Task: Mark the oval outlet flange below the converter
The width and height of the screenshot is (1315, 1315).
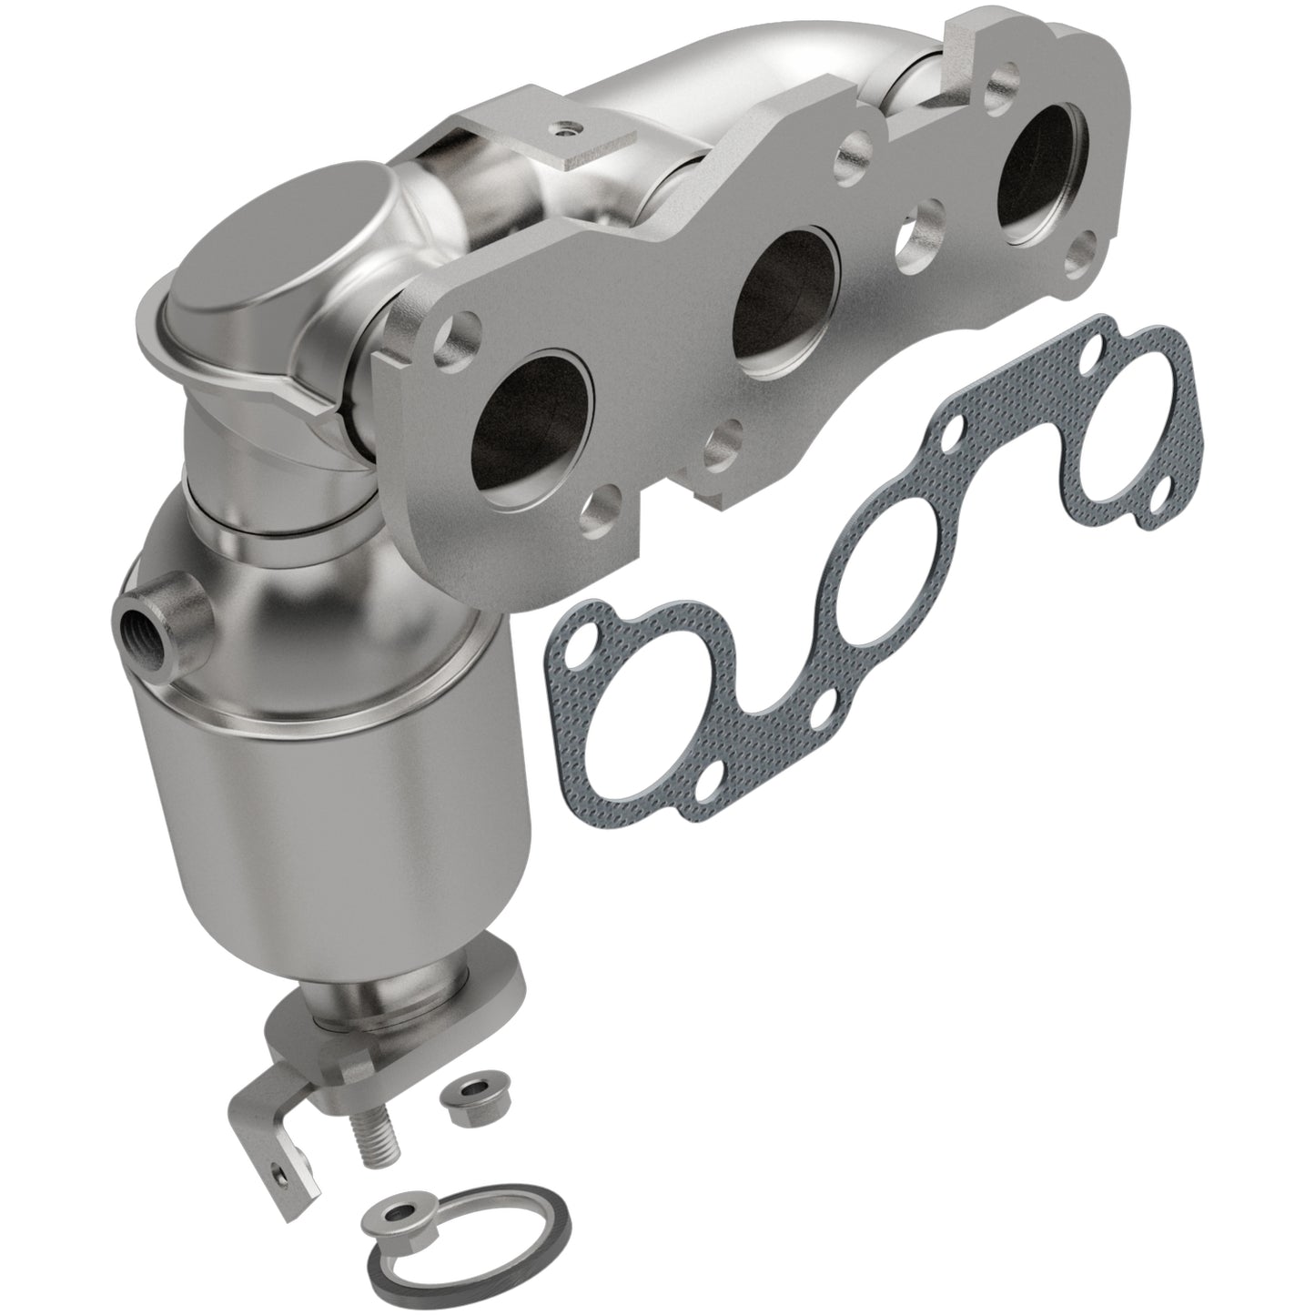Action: pyautogui.click(x=400, y=1024)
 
